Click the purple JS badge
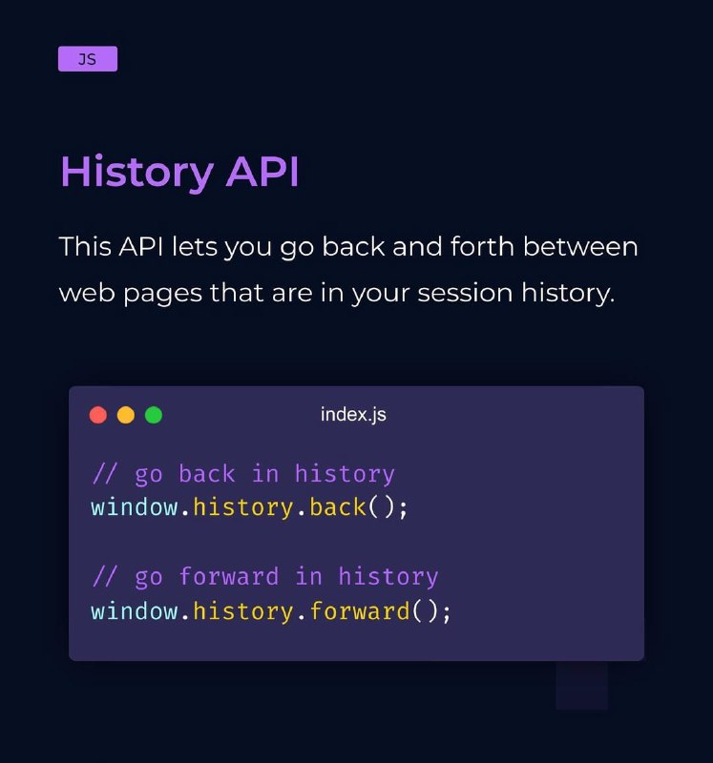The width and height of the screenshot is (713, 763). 88,59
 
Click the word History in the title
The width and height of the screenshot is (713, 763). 136,173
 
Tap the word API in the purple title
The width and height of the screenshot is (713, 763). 262,171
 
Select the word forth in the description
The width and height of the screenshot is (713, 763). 482,246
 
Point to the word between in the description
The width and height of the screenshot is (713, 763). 580,246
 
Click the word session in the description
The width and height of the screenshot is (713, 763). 465,293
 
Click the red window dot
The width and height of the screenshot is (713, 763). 98,415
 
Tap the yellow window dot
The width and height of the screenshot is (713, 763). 126,415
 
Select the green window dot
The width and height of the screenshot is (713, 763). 154,415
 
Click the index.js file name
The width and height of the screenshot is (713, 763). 353,415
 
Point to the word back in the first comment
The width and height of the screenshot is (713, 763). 207,473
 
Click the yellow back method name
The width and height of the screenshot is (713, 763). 338,507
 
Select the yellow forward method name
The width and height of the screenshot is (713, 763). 360,610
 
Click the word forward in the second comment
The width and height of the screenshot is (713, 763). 229,576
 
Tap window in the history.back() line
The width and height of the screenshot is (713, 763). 135,507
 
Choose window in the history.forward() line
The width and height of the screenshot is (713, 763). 135,611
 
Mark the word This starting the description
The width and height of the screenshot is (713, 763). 85,246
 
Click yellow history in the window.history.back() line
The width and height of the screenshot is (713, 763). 243,507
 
